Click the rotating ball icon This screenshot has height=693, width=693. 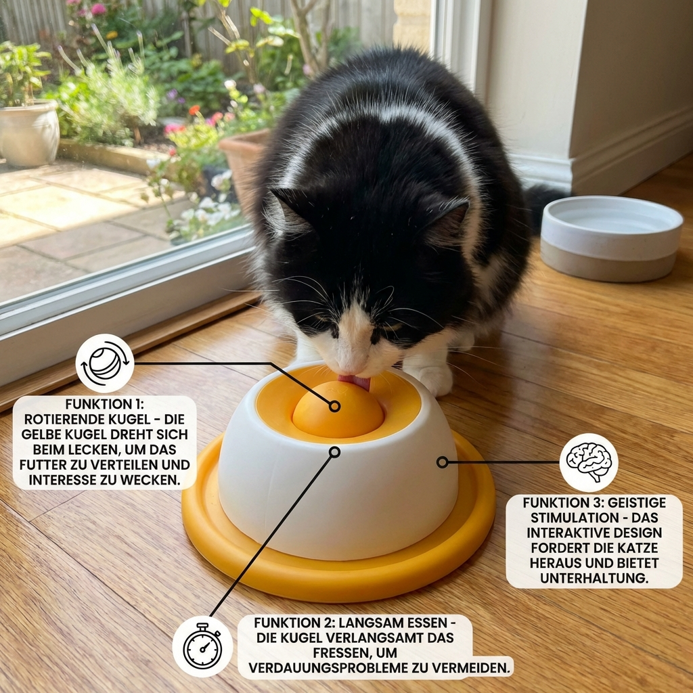[x=104, y=363]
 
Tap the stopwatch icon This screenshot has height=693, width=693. [x=202, y=646]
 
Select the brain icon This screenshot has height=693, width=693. [x=588, y=462]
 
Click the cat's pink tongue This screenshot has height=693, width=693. [x=357, y=382]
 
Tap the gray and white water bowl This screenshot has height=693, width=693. [x=610, y=238]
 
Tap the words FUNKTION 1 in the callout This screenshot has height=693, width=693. [x=104, y=404]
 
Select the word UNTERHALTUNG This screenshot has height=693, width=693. [x=594, y=578]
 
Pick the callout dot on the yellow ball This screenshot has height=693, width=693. [x=334, y=406]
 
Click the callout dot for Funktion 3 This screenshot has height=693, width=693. [x=442, y=462]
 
